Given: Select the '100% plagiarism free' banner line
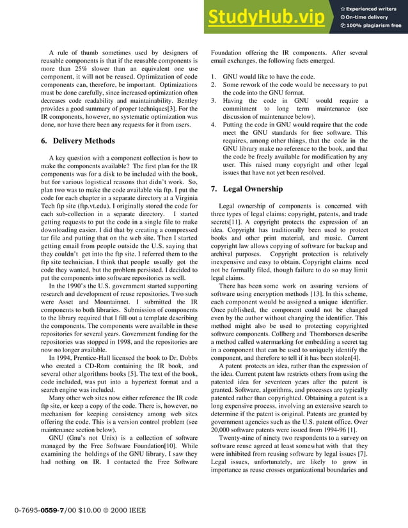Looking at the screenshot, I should (374, 26).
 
